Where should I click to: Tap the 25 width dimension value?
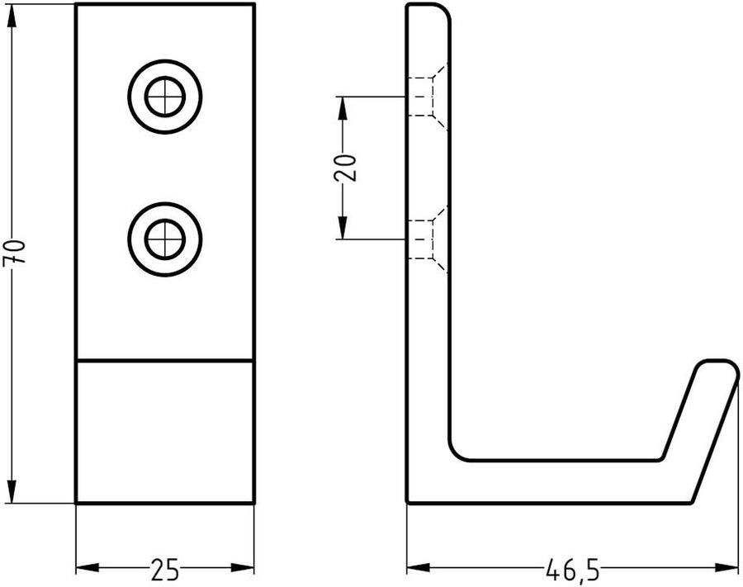(x=165, y=570)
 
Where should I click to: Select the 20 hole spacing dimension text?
(x=346, y=168)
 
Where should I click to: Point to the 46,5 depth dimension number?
(x=572, y=570)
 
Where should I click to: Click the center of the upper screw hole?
(x=165, y=97)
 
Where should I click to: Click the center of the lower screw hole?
(x=165, y=239)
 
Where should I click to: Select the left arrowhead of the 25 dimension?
(x=88, y=567)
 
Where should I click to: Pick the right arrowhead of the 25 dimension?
(x=243, y=567)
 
